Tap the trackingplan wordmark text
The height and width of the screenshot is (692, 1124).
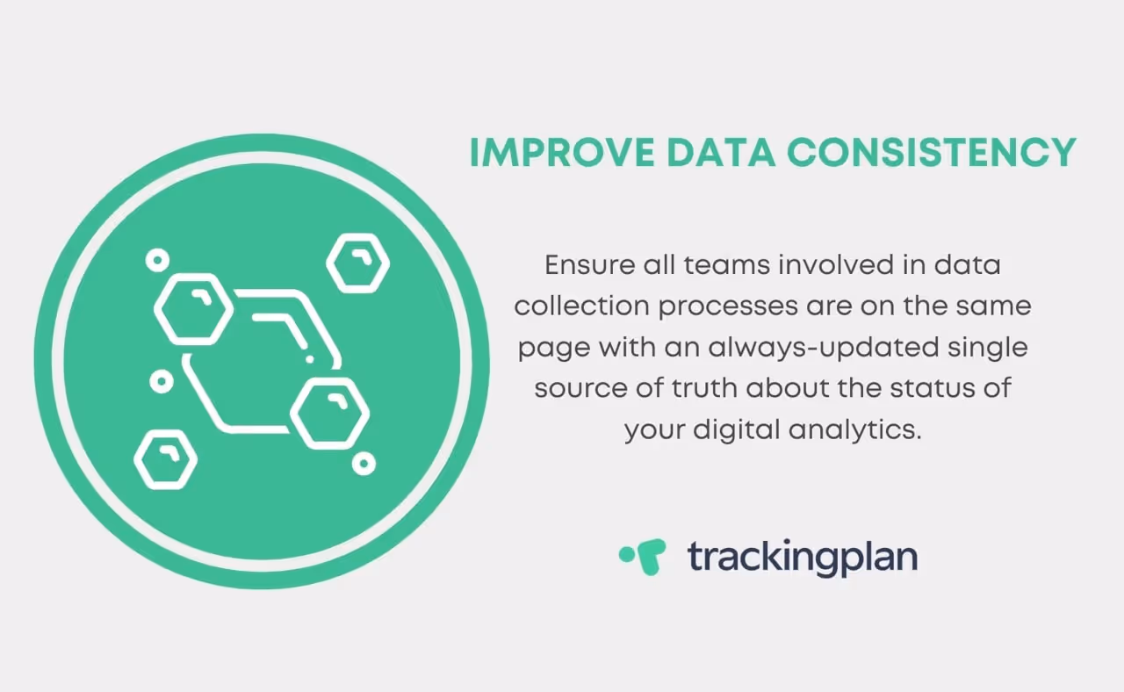point(802,557)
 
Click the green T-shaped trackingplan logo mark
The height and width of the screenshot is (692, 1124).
point(651,557)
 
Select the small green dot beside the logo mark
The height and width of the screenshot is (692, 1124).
point(626,554)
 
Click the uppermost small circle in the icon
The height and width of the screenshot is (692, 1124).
point(157,260)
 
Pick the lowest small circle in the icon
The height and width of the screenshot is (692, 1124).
point(364,464)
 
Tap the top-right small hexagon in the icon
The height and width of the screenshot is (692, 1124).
point(357,263)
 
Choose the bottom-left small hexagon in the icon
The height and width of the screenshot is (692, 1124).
point(165,458)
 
